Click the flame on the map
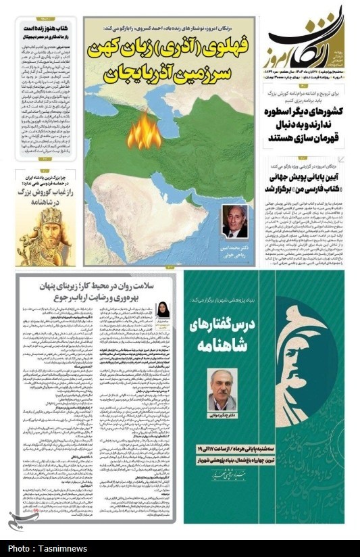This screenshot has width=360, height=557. tap(143, 132)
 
